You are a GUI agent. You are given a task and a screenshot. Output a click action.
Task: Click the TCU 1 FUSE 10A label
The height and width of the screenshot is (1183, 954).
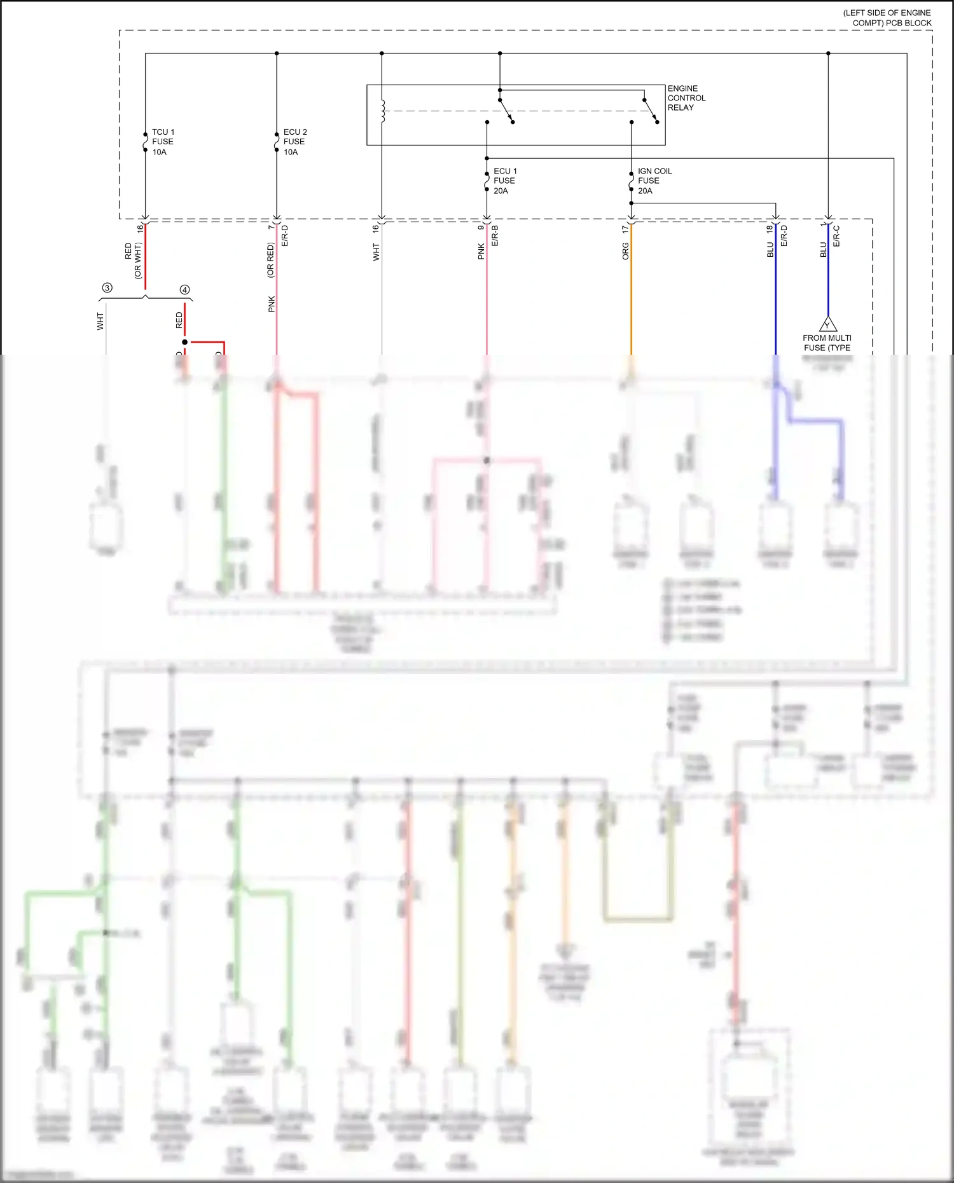(x=163, y=142)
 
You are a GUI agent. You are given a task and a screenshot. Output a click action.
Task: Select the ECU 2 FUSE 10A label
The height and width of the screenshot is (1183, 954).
(x=294, y=142)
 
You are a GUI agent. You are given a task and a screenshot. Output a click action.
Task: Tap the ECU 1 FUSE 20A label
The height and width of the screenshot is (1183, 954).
(x=505, y=181)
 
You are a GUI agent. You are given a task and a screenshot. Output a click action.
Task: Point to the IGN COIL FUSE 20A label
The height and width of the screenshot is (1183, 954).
(x=654, y=181)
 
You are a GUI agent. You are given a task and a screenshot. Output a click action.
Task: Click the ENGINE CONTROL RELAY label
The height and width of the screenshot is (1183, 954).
(x=686, y=98)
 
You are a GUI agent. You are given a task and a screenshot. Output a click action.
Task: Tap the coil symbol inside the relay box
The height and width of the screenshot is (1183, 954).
(x=383, y=111)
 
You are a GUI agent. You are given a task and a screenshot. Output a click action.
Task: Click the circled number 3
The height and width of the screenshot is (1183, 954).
(x=107, y=288)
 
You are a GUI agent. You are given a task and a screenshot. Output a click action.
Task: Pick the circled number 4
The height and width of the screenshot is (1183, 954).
(x=185, y=290)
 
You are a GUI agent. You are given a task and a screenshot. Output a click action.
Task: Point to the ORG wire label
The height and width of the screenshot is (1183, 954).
(x=625, y=251)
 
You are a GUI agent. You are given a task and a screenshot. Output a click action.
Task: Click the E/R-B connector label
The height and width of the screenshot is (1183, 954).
(x=495, y=236)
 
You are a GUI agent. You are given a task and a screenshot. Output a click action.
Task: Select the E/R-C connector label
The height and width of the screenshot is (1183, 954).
(x=836, y=236)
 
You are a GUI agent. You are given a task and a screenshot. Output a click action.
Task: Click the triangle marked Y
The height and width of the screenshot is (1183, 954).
(x=827, y=324)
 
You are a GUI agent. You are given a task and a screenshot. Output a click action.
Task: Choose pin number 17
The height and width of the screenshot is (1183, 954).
(x=625, y=228)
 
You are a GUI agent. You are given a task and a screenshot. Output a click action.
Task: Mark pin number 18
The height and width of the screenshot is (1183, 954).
(x=770, y=228)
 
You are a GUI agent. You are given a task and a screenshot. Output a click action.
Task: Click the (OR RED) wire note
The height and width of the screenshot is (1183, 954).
(x=270, y=260)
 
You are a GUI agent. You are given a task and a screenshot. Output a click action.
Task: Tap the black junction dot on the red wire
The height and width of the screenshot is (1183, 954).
(x=185, y=342)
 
